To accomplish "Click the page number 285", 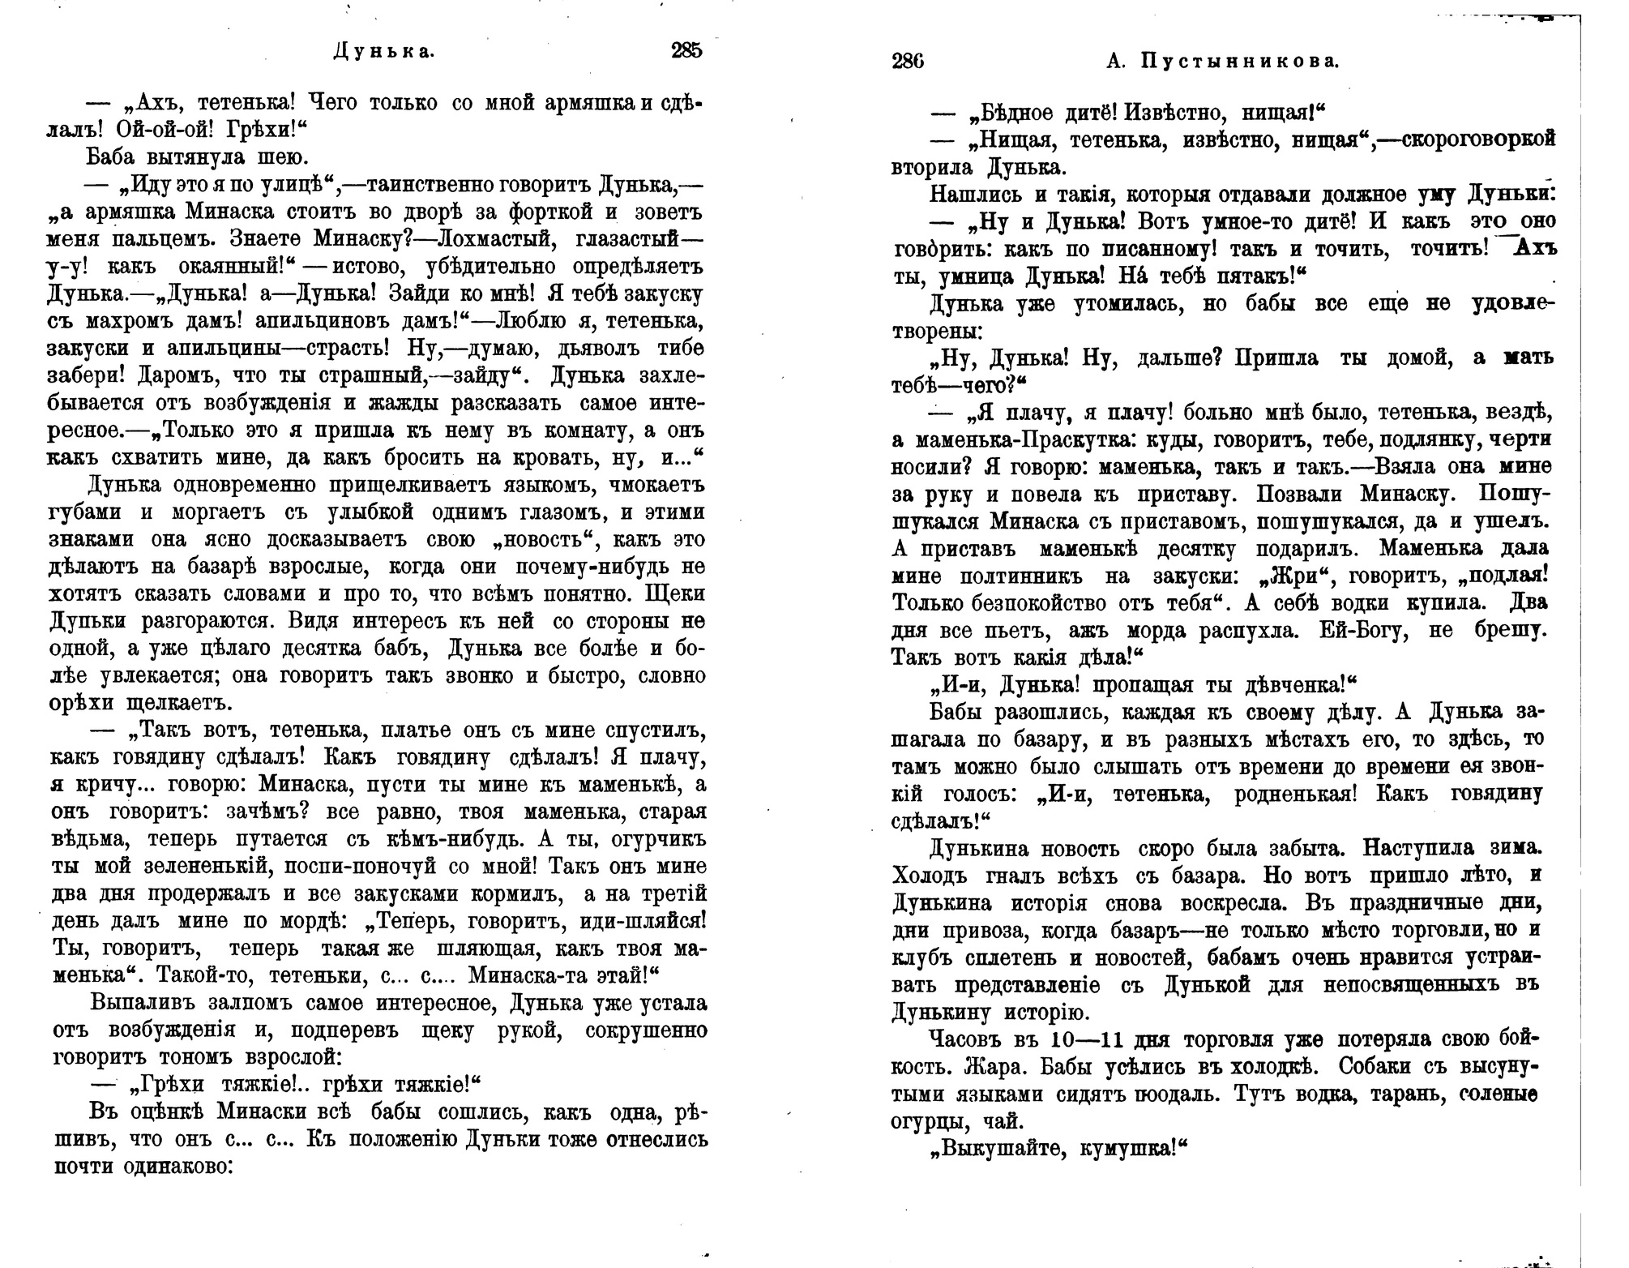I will click(x=686, y=51).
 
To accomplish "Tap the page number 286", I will click(x=907, y=62).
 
